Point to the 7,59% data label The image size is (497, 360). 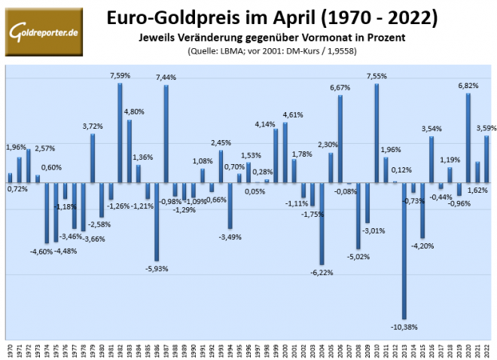pos(120,75)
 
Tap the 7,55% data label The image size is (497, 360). pos(377,75)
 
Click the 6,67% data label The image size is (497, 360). pos(340,87)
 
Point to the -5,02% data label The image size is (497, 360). pos(358,256)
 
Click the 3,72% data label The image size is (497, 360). pos(92,126)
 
